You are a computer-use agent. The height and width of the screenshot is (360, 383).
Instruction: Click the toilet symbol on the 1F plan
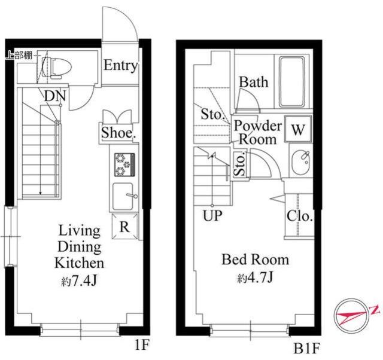point(56,68)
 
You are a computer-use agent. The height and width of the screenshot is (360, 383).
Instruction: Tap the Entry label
point(121,65)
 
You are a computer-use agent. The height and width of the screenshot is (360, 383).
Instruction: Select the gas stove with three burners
point(124,164)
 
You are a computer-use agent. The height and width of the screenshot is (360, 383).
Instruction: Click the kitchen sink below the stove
point(124,197)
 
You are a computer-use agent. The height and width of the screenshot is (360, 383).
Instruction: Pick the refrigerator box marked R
point(124,226)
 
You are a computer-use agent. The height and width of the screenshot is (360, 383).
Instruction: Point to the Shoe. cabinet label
point(118,133)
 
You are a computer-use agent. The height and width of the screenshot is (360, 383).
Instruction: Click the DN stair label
point(55,96)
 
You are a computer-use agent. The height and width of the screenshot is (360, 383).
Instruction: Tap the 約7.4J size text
point(79,281)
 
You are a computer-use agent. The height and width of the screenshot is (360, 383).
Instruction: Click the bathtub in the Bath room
point(292,82)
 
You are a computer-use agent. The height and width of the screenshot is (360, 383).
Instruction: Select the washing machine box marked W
point(298,129)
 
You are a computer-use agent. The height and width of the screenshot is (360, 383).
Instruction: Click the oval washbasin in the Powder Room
point(300,162)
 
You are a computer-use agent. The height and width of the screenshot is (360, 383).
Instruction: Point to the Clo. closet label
point(300,216)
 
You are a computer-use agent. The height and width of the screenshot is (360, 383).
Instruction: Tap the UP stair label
point(213,216)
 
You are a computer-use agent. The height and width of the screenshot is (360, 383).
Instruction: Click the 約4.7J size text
point(255,277)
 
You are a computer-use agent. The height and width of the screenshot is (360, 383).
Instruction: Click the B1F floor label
point(307,348)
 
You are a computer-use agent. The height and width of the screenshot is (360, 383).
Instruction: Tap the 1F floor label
point(142,345)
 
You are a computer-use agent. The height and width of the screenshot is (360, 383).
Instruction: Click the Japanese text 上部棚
point(19,55)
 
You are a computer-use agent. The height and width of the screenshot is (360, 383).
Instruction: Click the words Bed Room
point(256,260)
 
